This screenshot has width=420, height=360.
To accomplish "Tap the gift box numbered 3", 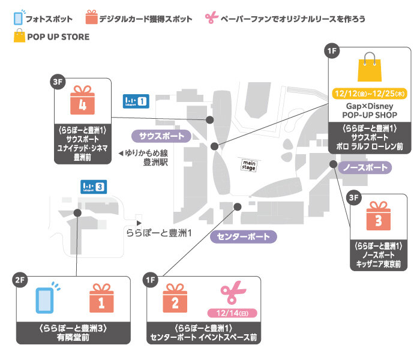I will (x=378, y=218).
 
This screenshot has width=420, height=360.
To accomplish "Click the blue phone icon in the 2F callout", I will (x=45, y=298).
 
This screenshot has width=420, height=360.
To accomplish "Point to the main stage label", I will (x=249, y=164).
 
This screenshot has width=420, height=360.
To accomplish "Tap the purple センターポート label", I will (x=244, y=236).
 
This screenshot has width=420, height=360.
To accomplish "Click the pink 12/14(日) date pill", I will (x=232, y=313).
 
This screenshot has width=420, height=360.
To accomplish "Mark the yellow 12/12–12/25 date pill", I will (x=369, y=94).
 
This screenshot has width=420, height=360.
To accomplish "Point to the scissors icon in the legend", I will (x=211, y=19).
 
